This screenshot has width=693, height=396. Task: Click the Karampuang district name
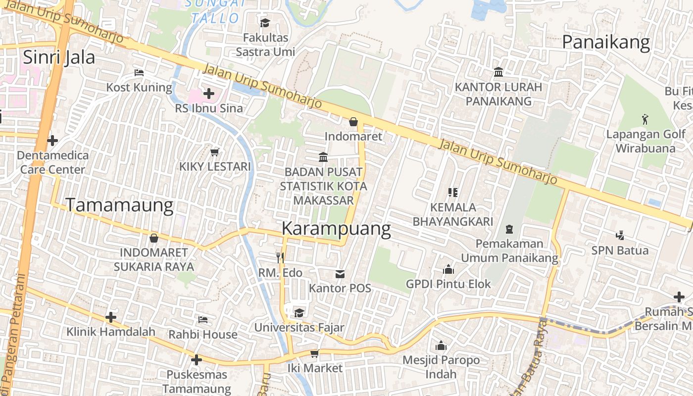point(336,229)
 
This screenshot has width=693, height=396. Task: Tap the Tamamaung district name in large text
point(119,205)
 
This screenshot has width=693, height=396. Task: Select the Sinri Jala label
point(59,57)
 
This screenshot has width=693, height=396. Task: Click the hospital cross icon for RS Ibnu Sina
point(209,93)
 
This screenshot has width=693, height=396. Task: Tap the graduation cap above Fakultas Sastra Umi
point(265,23)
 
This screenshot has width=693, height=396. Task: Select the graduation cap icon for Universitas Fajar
point(299,313)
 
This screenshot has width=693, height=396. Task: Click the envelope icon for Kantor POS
point(340,274)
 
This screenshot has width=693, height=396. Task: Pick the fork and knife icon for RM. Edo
point(280,257)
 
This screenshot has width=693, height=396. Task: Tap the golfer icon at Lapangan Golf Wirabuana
point(645,119)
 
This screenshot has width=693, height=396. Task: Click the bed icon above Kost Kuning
point(139,73)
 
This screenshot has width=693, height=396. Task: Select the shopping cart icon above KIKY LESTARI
point(215,152)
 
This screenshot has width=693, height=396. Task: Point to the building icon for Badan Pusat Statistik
point(323,157)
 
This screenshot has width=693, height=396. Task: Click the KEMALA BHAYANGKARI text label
point(453,214)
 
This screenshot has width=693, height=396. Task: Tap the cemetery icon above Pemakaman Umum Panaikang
point(509,229)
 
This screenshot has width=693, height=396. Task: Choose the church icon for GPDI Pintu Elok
point(448,269)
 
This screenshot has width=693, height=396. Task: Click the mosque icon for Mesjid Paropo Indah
point(441,346)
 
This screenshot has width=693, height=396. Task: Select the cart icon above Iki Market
point(314,353)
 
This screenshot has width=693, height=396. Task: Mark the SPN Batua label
point(620,250)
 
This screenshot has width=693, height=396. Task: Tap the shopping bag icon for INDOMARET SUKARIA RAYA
point(154,238)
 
